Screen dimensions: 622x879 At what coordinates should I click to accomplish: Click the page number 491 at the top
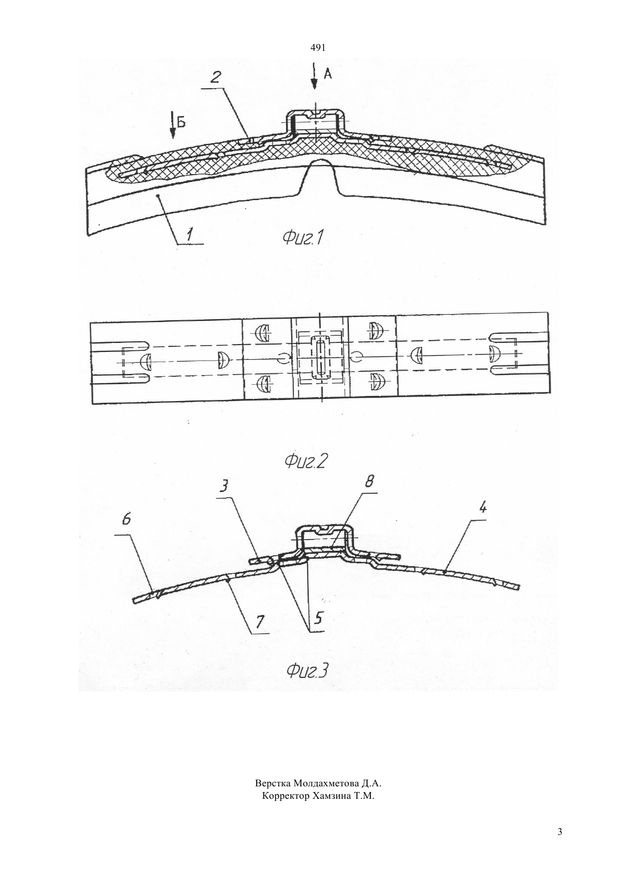click(318, 48)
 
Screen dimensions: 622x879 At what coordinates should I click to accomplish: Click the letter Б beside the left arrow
click(181, 123)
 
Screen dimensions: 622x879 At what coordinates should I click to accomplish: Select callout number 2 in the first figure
click(215, 77)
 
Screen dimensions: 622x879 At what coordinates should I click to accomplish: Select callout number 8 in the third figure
click(369, 481)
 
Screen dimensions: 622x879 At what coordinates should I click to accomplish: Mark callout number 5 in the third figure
click(318, 618)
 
